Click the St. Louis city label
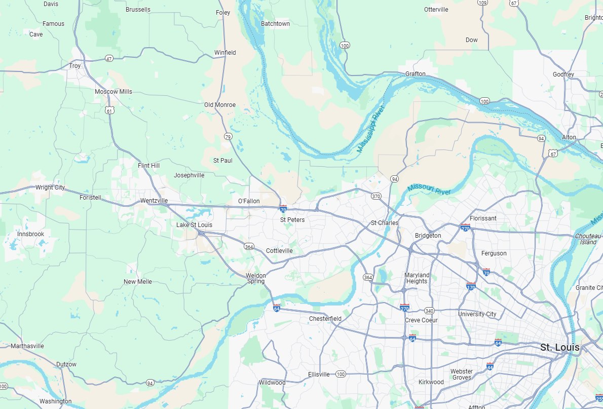tap(559, 348)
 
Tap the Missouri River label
tap(428, 190)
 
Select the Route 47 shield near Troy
tap(109, 59)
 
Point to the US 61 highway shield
tap(110, 110)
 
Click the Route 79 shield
tap(228, 137)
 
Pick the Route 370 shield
tap(375, 196)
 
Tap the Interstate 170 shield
tap(471, 286)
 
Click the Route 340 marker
tap(430, 311)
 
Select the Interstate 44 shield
tap(490, 366)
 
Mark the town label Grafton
tap(416, 74)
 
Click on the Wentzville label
tap(154, 201)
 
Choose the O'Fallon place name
tap(249, 201)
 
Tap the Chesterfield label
tap(325, 319)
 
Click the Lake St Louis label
tap(194, 225)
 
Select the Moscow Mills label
tap(114, 92)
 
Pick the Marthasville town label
tap(27, 346)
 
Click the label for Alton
tap(569, 138)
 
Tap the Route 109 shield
tap(482, 3)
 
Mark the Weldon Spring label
tap(255, 278)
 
